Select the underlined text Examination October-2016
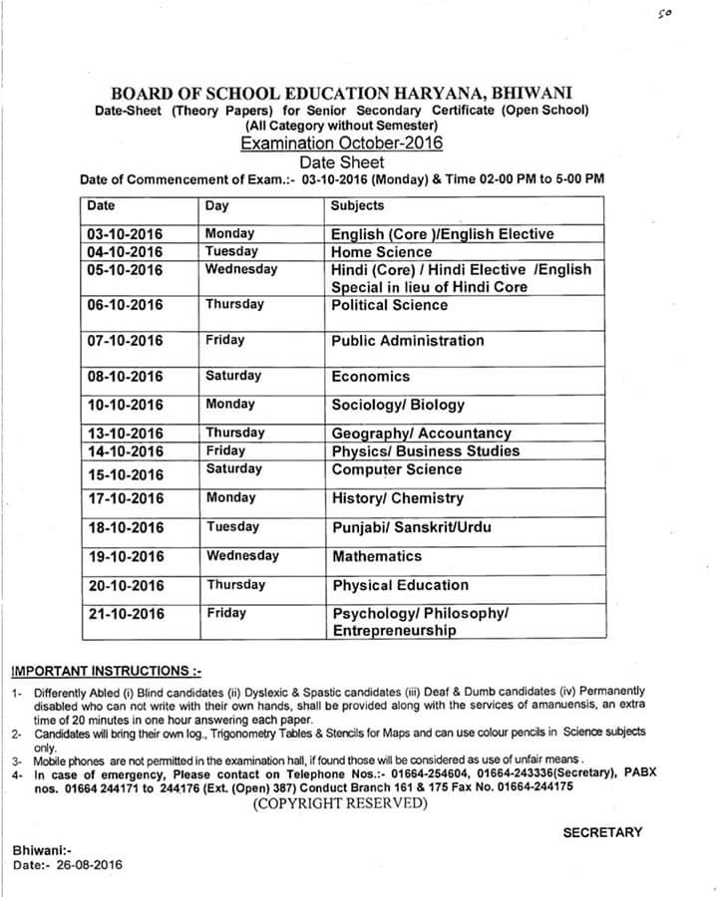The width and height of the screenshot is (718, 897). [x=341, y=143]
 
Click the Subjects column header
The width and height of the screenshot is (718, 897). [x=357, y=205]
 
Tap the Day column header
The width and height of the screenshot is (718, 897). [x=216, y=205]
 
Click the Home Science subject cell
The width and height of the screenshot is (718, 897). [x=382, y=252]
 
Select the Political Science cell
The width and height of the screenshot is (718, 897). [x=391, y=305]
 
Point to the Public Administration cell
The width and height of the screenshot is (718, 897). [x=408, y=341]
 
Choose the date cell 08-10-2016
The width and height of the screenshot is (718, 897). [x=125, y=377]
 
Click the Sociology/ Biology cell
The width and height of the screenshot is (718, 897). [x=398, y=405]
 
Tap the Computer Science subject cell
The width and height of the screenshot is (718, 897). [x=397, y=469]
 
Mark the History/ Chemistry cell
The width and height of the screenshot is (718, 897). [x=397, y=498]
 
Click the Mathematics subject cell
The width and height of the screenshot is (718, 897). [x=377, y=556]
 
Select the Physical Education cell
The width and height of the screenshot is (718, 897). [x=400, y=585]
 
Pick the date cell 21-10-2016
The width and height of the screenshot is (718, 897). [x=125, y=614]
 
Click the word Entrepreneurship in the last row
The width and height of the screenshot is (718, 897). [x=395, y=631]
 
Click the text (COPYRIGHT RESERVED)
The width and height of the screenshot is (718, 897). [x=339, y=803]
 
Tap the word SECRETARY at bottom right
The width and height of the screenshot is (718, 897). [x=602, y=832]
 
